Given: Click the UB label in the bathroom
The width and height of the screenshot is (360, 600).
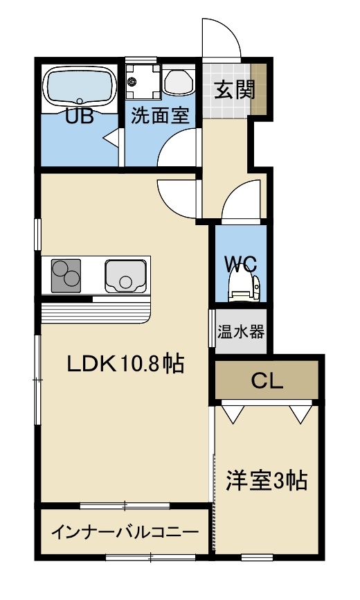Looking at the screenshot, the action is [80, 116].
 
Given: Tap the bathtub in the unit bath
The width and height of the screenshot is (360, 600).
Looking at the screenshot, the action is [80, 86].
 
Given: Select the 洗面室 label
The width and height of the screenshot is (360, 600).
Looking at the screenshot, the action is [160, 116].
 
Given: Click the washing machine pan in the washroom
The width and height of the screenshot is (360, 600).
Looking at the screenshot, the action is [143, 81].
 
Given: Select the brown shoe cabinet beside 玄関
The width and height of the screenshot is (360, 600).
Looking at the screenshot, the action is [259, 89].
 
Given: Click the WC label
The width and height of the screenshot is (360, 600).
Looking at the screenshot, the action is [240, 264].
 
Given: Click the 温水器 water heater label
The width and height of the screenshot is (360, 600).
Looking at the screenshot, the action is [241, 331].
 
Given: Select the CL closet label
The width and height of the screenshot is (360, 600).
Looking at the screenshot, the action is [267, 380].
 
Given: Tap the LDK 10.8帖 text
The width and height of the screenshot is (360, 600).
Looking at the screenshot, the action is [126, 364].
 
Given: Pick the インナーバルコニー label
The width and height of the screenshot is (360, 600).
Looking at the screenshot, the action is [125, 532].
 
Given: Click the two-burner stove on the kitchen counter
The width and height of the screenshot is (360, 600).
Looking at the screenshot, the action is [66, 276].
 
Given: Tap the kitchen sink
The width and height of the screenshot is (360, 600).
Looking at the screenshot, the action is [125, 276].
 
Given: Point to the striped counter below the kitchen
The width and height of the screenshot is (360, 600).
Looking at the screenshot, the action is [96, 312].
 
